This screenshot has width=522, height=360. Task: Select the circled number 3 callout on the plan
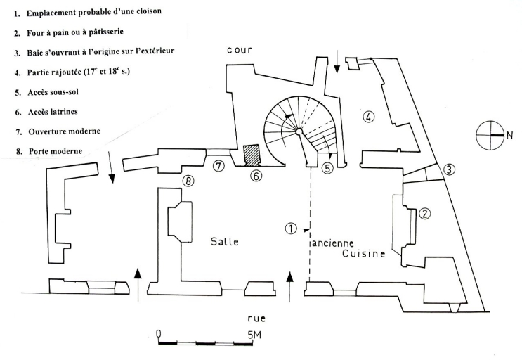449,169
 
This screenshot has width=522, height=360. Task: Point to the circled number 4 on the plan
367,118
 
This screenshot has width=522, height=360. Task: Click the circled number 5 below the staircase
327,169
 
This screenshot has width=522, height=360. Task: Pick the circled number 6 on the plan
256,176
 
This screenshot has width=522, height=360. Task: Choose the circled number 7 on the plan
219,166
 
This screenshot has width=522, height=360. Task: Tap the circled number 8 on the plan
188,181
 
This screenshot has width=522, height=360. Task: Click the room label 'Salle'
225,241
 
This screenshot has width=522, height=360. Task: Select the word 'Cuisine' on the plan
364,254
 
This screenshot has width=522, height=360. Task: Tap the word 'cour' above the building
240,51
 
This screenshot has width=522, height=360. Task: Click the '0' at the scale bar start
159,334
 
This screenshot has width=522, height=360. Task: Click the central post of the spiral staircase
299,131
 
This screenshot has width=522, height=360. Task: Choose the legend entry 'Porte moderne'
48,150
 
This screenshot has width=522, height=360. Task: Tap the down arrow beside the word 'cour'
337,65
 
